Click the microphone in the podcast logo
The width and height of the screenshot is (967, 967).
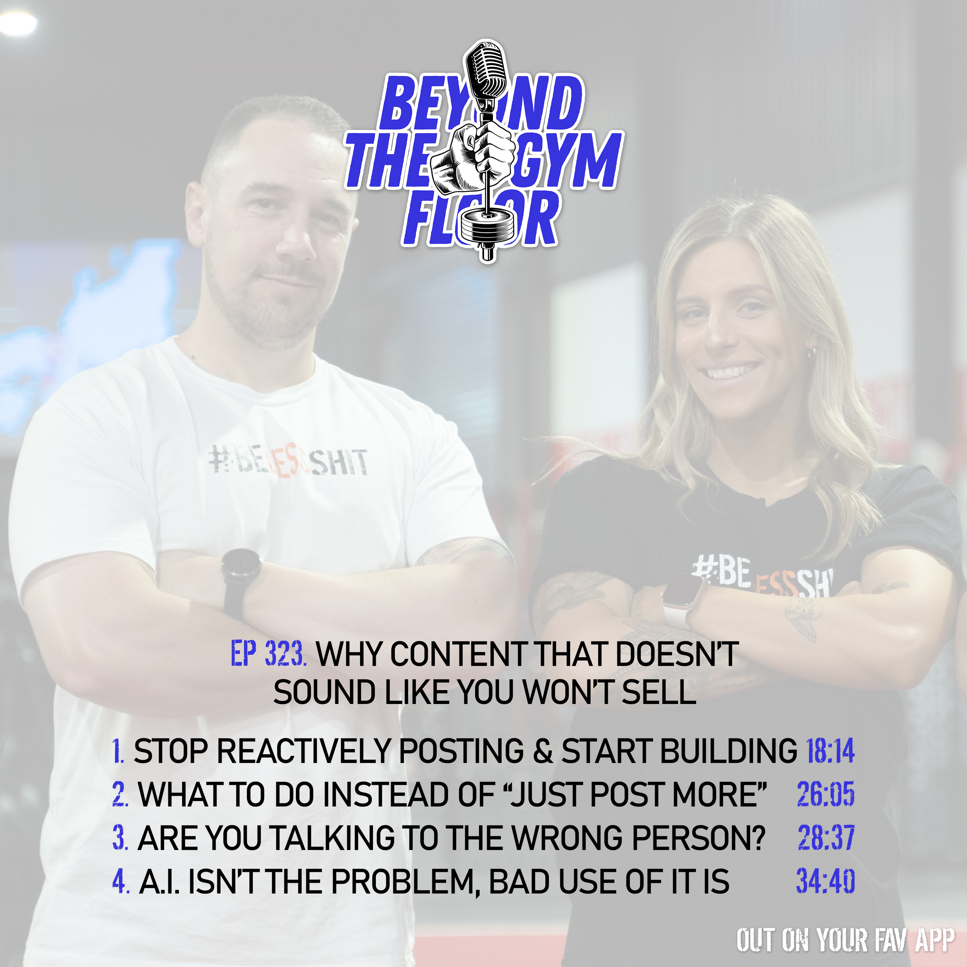485,75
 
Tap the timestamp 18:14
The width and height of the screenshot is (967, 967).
830,751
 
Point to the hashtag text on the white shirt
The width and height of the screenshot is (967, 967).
288,462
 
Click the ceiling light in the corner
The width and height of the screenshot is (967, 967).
17,23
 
